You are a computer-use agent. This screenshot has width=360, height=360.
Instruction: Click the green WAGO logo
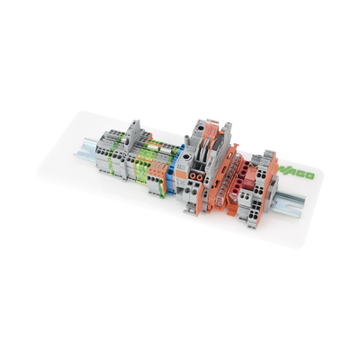299,177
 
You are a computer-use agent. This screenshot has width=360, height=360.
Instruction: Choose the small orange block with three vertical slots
160,172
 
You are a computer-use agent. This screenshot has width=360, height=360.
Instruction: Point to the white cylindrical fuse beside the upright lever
145,140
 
